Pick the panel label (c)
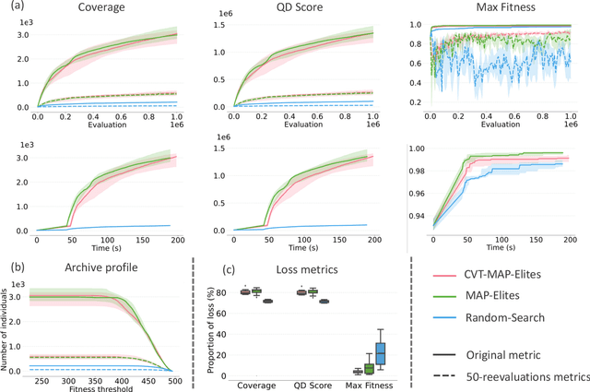pyautogui.click(x=231, y=272)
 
